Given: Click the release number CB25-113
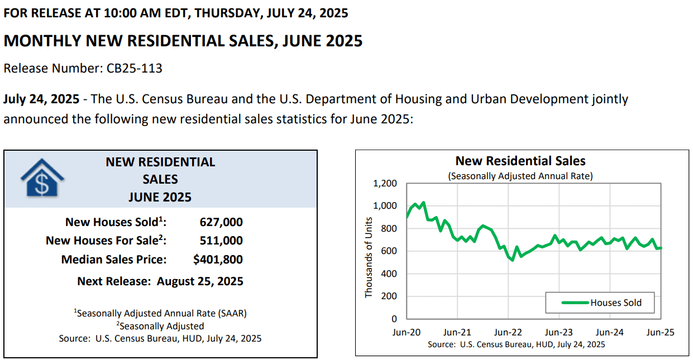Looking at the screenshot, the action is tap(134, 68).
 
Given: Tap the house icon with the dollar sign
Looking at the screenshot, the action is tap(42, 178).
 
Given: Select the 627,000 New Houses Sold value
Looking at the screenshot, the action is tap(221, 222).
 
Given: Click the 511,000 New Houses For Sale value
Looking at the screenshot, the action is tap(221, 241).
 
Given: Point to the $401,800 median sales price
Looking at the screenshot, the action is tap(218, 260).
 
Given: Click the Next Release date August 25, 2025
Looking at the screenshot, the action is tap(200, 281).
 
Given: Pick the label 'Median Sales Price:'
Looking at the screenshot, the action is tap(114, 260).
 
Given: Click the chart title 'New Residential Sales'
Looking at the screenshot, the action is tap(520, 161).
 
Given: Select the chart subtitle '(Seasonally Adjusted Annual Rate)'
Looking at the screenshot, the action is tap(520, 176).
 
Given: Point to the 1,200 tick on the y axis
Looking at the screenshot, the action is tap(385, 184).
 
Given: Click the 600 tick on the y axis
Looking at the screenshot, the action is tap(389, 251).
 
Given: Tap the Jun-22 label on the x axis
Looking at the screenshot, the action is tap(508, 333).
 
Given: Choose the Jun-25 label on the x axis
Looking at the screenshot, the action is tap(660, 333).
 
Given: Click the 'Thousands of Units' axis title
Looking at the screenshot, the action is tap(369, 257).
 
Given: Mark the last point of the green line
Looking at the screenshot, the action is tap(661, 248).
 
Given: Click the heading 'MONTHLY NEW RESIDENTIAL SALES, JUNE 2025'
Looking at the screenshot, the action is tap(183, 41).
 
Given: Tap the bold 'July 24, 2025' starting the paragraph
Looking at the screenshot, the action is tap(41, 99).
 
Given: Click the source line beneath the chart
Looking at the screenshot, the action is tap(516, 344).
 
